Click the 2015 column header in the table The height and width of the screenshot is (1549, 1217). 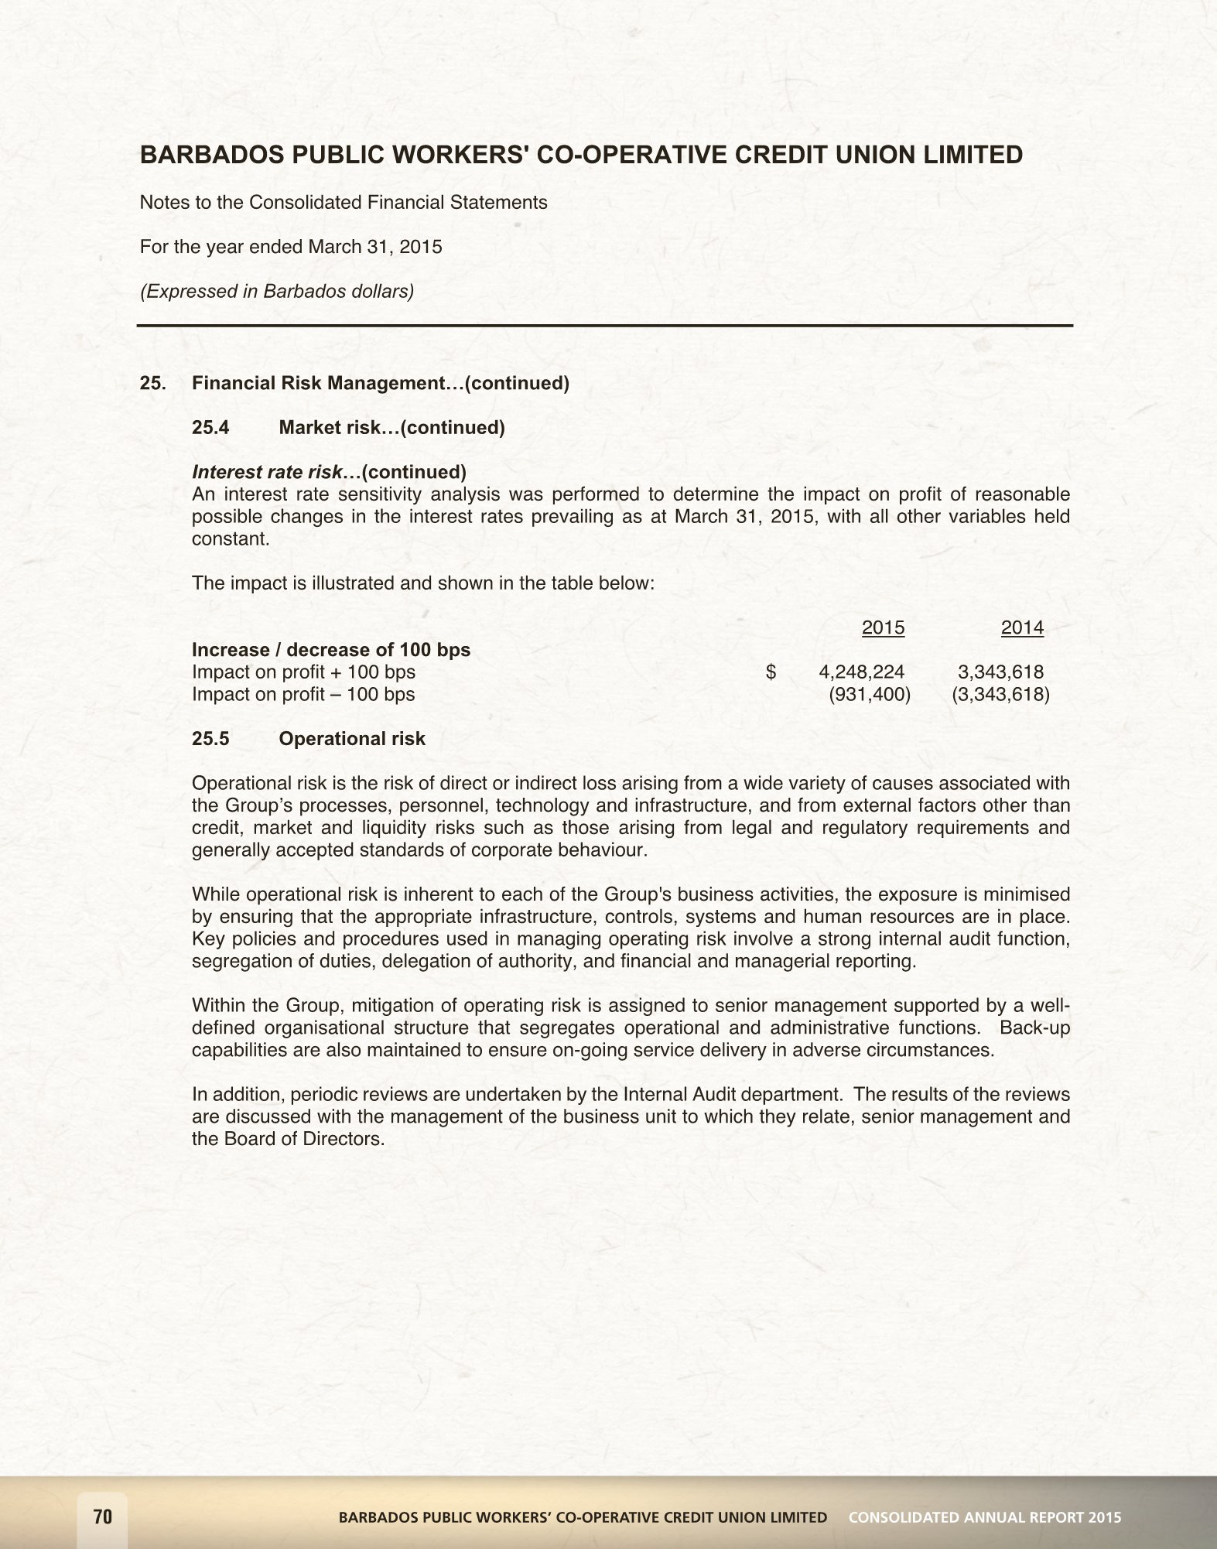[x=883, y=627]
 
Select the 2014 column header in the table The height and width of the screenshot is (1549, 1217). [x=1022, y=627]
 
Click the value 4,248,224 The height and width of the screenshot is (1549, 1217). [x=861, y=672]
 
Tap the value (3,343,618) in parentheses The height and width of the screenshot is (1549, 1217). [x=1000, y=694]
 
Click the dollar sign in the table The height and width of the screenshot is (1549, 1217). [x=771, y=672]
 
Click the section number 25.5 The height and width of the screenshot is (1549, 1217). [x=210, y=738]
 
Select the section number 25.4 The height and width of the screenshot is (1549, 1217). [x=210, y=427]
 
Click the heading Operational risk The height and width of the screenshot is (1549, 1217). [x=352, y=738]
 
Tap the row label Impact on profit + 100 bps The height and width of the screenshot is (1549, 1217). [x=303, y=672]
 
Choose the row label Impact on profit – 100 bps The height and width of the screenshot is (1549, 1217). [x=303, y=694]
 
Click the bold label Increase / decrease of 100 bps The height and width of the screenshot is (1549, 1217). [x=331, y=649]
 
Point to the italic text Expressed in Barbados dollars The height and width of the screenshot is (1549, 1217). [x=277, y=291]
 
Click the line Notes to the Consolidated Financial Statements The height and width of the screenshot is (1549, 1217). [x=344, y=203]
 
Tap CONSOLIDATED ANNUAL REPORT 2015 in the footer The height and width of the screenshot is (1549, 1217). [x=984, y=1517]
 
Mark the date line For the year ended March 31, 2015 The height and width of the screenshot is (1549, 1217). [x=291, y=247]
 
